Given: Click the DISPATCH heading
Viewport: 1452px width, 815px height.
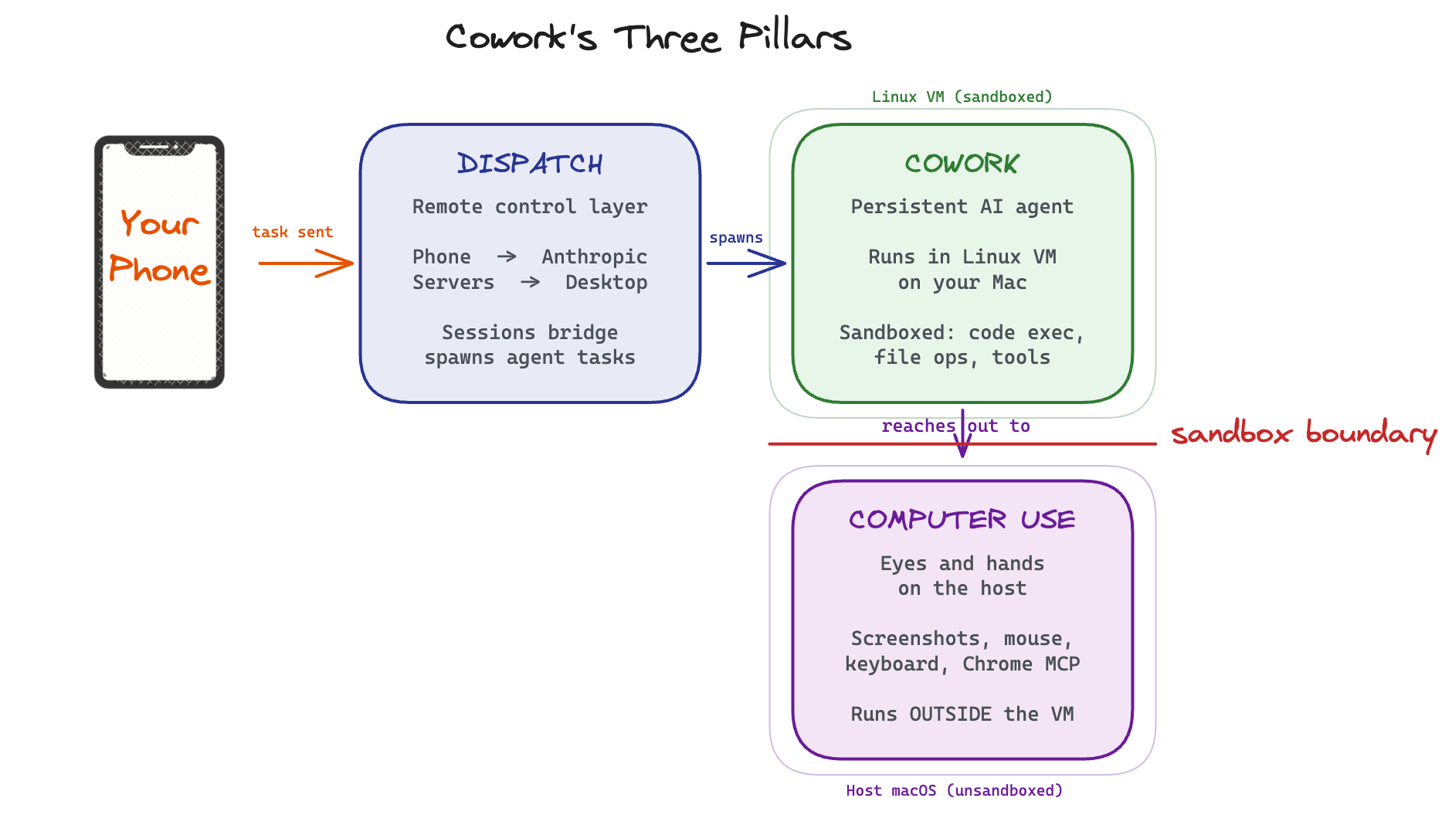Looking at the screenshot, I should click(530, 164).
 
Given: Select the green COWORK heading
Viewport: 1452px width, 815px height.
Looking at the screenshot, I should click(962, 164).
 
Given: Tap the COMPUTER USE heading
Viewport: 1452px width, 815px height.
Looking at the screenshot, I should click(962, 519).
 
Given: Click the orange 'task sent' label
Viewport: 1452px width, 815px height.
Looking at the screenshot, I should click(292, 232).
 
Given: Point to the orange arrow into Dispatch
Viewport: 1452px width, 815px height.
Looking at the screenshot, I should click(306, 263).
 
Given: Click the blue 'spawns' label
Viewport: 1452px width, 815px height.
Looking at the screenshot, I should click(736, 238).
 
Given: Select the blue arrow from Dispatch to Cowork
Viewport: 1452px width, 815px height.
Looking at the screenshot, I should click(745, 263).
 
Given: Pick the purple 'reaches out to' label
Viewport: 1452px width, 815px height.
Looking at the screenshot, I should click(955, 426).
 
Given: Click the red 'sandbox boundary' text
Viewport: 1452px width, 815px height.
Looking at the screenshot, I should click(1304, 433).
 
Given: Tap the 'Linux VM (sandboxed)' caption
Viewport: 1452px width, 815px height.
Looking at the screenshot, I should click(962, 97).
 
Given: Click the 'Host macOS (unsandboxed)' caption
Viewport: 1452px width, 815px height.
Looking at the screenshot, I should click(954, 790).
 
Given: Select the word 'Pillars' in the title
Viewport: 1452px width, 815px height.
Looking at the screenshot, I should click(794, 37).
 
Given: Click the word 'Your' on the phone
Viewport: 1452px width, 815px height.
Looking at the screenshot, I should click(159, 224).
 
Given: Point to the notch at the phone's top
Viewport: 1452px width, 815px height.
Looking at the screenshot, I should click(159, 147).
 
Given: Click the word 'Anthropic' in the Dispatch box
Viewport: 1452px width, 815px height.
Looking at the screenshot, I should click(594, 256).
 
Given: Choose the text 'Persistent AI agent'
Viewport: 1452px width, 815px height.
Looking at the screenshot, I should click(962, 206).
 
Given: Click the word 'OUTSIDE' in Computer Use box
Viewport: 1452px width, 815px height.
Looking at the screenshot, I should click(950, 714).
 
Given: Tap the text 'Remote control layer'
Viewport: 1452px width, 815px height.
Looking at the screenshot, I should click(530, 206).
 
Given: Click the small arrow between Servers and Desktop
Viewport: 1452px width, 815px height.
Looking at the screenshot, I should click(531, 282).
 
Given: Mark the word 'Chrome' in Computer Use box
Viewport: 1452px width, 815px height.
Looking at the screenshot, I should click(997, 664).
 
